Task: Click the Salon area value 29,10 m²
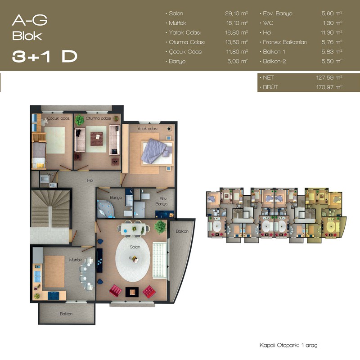(237, 13)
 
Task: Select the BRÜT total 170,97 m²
(329, 87)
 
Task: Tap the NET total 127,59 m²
(329, 77)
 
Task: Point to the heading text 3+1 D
(45, 56)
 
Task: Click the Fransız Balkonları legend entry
(285, 42)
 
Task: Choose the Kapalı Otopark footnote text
(288, 345)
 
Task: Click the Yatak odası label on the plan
(147, 129)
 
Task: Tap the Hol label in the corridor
(90, 180)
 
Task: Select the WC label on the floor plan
(51, 175)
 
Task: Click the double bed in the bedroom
(157, 152)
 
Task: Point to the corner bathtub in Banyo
(106, 209)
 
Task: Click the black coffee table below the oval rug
(132, 292)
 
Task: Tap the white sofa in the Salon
(160, 261)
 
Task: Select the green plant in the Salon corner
(160, 227)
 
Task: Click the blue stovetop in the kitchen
(54, 296)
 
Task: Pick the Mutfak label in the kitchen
(76, 260)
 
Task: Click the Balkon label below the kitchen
(66, 314)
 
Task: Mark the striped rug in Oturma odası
(96, 139)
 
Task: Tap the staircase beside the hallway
(50, 208)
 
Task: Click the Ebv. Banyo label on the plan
(162, 201)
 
